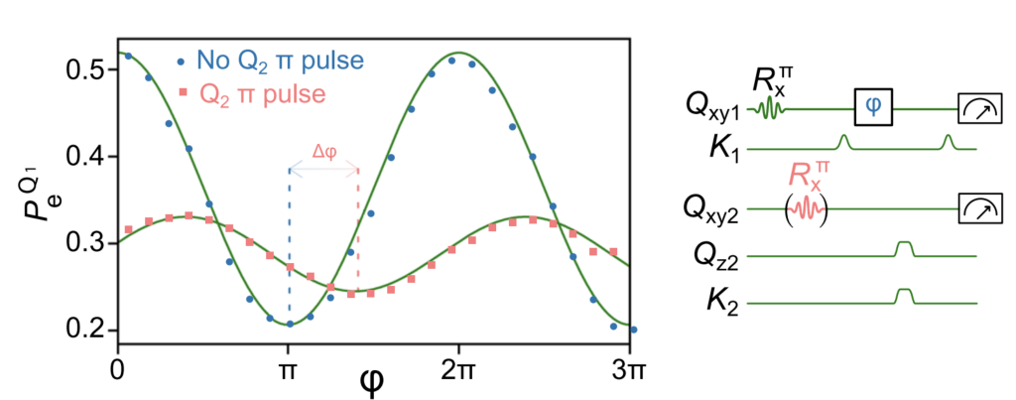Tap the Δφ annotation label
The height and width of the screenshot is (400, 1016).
pos(324,152)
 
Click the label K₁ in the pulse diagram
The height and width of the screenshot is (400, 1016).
pos(722,149)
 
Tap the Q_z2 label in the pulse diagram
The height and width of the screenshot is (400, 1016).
pos(716,258)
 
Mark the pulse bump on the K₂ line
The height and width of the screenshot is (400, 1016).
pos(903,297)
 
